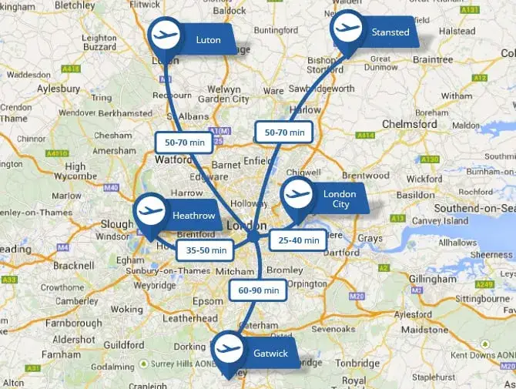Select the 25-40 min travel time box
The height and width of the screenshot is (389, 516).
click(x=299, y=240)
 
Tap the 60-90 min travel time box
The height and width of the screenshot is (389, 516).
click(x=258, y=290)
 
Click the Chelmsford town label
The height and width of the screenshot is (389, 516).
click(x=410, y=123)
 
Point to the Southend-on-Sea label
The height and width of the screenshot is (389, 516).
click(x=473, y=208)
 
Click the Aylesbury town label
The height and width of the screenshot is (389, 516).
click(x=49, y=89)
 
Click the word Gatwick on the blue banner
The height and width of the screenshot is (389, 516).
click(x=270, y=354)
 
